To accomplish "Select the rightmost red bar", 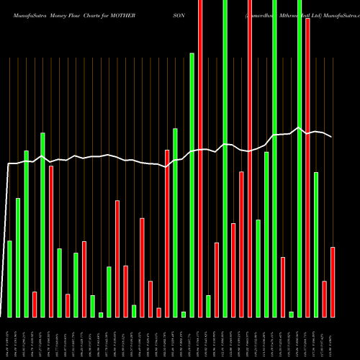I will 333,282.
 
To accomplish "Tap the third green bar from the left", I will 26,233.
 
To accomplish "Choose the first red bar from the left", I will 35,304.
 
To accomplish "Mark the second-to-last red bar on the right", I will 325,299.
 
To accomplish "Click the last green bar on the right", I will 316,244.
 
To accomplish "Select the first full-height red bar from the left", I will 200,158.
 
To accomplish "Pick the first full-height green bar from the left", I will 225,158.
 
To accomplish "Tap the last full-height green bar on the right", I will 300,158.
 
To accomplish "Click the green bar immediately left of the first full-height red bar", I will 192,184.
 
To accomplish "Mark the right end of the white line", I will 332,137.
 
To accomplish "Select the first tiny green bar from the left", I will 101,314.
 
